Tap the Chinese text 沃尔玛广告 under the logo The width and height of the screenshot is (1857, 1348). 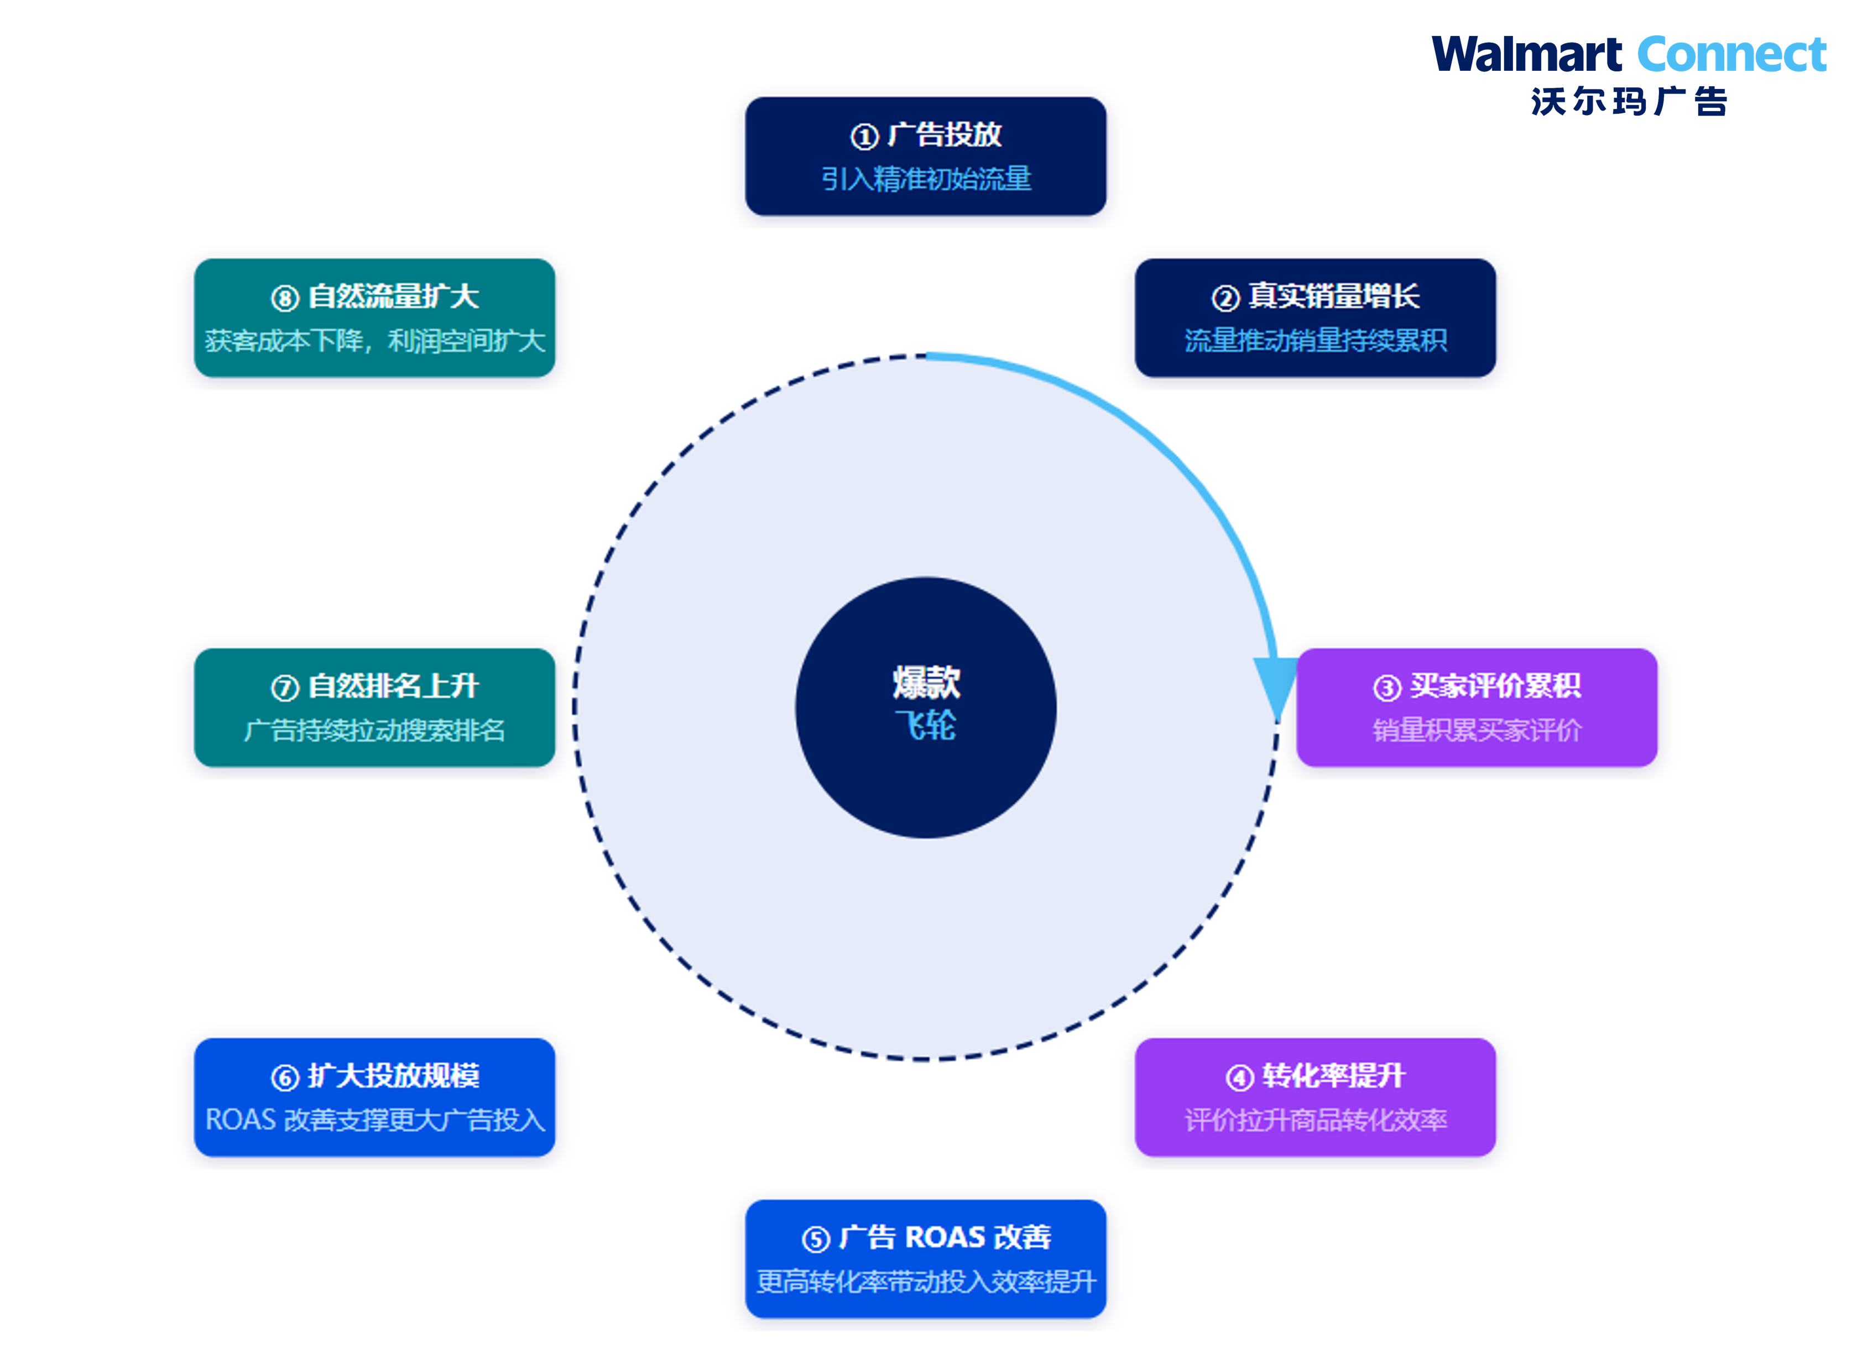click(x=1629, y=102)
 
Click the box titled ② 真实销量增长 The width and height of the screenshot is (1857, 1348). click(x=1315, y=318)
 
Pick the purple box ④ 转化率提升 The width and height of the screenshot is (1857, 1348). click(x=1315, y=1097)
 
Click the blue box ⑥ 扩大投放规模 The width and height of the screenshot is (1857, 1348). click(x=374, y=1097)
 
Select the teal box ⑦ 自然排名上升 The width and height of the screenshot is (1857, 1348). click(x=374, y=707)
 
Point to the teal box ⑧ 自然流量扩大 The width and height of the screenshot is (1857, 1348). click(x=374, y=318)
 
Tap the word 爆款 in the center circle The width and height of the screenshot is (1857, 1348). click(x=926, y=682)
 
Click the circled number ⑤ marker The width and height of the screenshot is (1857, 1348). click(x=816, y=1239)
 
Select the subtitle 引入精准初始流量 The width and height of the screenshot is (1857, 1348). click(x=926, y=179)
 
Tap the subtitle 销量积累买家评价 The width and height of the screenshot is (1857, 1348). click(x=1477, y=730)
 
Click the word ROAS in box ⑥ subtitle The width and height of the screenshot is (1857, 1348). click(x=240, y=1120)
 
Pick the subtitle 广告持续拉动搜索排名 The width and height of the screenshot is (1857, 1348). click(x=374, y=730)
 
